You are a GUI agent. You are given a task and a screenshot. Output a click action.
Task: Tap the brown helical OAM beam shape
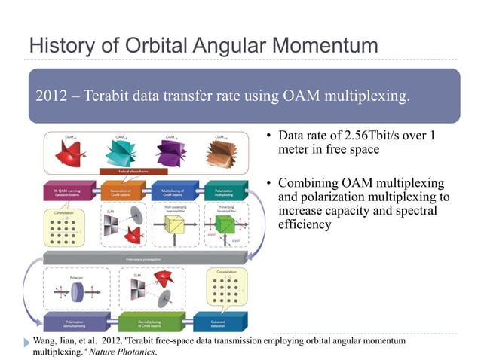point(225,154)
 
